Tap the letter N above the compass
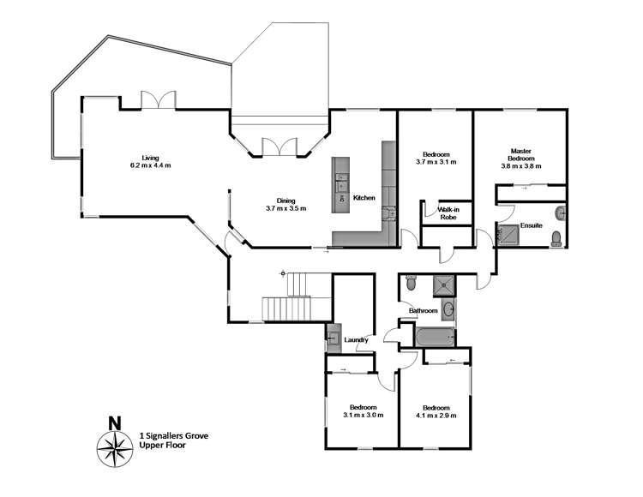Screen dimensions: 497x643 [x=113, y=422]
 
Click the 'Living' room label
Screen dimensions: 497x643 [x=150, y=158]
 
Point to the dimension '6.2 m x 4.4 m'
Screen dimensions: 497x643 [x=150, y=165]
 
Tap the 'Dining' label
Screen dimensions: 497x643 [x=285, y=201]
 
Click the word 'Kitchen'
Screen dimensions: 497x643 [x=364, y=198]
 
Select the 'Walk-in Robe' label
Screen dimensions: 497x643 [x=448, y=213]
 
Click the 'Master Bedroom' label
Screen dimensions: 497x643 [x=521, y=154]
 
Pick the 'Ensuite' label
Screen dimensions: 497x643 [x=532, y=225]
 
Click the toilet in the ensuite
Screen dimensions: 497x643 [x=555, y=237]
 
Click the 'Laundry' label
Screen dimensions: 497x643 [x=356, y=340]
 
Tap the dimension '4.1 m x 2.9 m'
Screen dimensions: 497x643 [x=435, y=416]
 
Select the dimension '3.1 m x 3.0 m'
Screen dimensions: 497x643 [x=363, y=416]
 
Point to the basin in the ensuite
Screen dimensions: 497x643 [x=558, y=212]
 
